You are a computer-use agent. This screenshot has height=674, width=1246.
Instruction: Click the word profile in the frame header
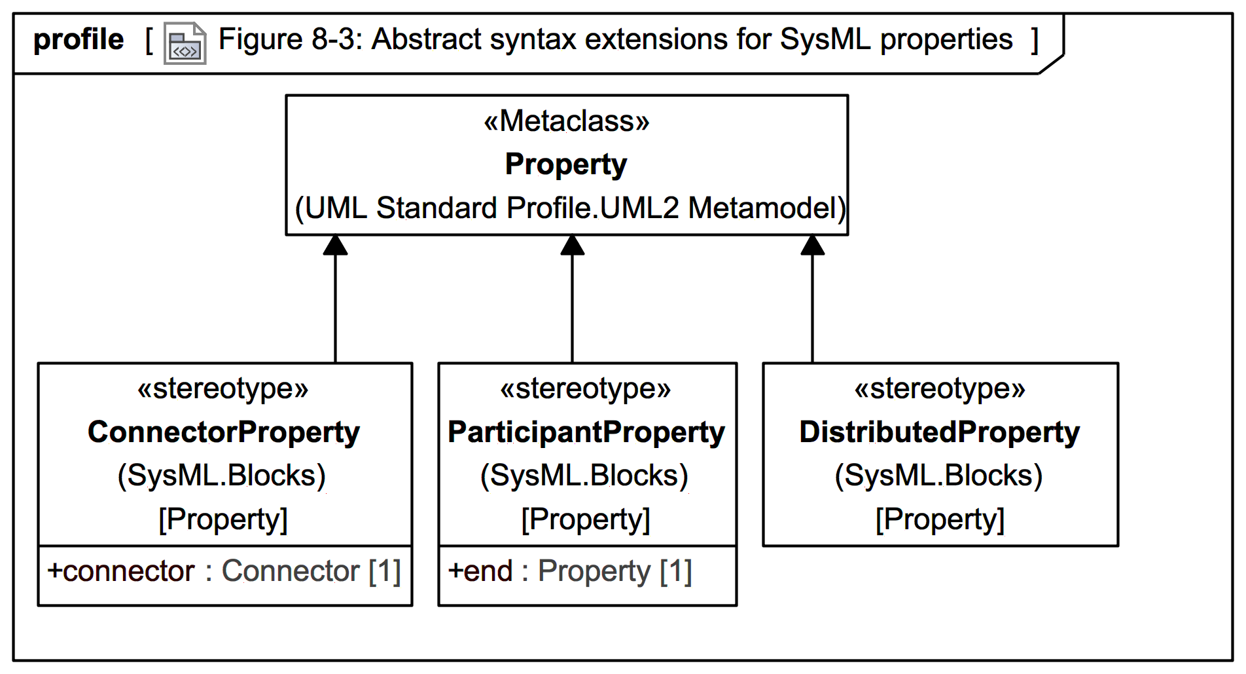coord(78,40)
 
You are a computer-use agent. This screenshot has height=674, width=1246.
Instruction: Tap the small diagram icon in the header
coord(185,44)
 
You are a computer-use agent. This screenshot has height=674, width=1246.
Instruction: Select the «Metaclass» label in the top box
coord(566,121)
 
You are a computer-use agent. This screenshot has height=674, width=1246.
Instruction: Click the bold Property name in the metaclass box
coord(566,164)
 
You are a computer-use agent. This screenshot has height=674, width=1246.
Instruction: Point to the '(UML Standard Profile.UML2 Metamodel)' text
coord(569,208)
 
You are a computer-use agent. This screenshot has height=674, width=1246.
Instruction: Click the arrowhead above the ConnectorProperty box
coord(336,246)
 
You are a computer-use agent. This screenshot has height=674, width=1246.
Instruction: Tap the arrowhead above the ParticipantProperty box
coord(573,246)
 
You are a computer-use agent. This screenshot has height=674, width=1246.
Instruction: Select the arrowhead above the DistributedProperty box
coord(813,246)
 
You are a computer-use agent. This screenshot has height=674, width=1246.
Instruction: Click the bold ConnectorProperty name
coord(224,432)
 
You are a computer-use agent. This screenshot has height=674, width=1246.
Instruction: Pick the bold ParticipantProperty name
coord(586,432)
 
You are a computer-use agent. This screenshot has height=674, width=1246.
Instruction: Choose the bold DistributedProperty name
coord(940,432)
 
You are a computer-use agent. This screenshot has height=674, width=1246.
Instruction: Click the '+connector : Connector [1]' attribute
coord(224,571)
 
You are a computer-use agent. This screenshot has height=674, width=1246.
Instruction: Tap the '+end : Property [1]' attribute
coord(569,571)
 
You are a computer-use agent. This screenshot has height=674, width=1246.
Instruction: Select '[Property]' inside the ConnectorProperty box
coord(223,519)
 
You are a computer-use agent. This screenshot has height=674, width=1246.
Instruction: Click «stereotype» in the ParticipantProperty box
coord(586,389)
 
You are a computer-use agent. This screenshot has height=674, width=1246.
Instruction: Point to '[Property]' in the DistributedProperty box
coord(940,519)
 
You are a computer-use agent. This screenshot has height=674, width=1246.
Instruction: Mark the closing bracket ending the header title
coord(1035,41)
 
